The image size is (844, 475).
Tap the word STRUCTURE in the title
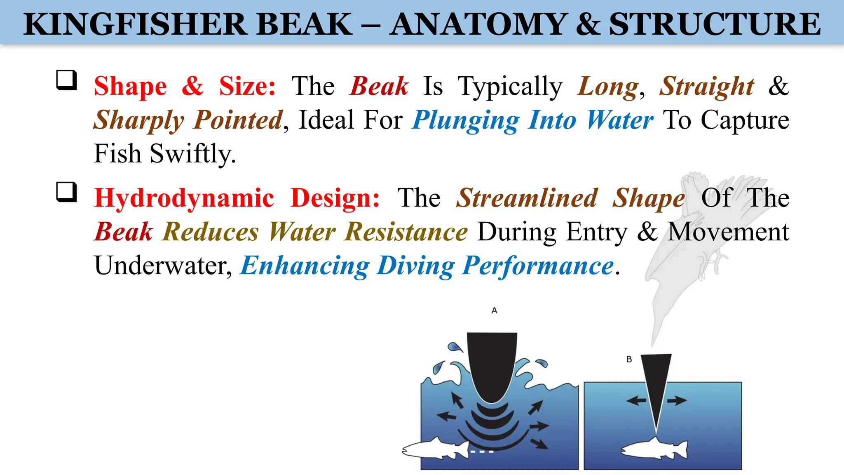click(x=715, y=24)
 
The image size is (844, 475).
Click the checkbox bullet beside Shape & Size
click(x=66, y=80)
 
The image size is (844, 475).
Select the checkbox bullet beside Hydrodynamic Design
click(x=66, y=192)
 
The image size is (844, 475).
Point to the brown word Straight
click(x=706, y=87)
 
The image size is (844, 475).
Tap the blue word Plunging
click(x=466, y=120)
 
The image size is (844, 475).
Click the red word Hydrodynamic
click(x=184, y=198)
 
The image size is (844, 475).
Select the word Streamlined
click(x=527, y=198)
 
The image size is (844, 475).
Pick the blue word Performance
click(x=538, y=266)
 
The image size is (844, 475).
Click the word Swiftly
click(x=192, y=154)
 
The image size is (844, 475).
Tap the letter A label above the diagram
click(x=495, y=310)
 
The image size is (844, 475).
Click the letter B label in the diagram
click(x=629, y=359)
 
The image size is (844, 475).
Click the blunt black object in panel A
click(x=492, y=363)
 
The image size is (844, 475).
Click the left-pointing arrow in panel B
click(x=636, y=400)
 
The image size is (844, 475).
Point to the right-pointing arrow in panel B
click(x=677, y=400)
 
